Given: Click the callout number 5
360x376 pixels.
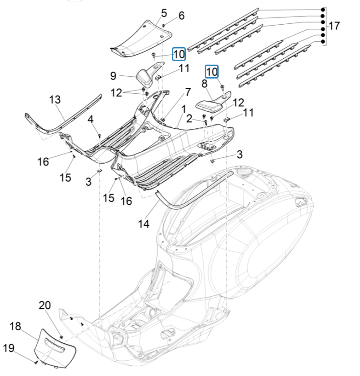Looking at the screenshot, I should tap(164, 13).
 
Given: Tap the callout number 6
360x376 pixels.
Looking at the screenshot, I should tap(181, 16).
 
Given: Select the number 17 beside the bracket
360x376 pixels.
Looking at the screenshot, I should tap(334, 26).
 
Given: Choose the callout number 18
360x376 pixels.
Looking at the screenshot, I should tap(15, 326).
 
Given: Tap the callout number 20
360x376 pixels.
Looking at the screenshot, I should tap(45, 306).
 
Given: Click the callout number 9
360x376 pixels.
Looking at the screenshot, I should tap(113, 74).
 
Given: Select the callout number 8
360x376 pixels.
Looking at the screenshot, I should tap(204, 83).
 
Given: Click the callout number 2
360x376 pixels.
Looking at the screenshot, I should tap(189, 118).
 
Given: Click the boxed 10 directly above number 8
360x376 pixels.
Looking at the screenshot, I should tap(211, 71).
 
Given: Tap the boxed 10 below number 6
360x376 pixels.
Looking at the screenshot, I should tap(179, 54).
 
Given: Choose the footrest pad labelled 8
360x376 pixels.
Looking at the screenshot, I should tap(209, 105).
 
